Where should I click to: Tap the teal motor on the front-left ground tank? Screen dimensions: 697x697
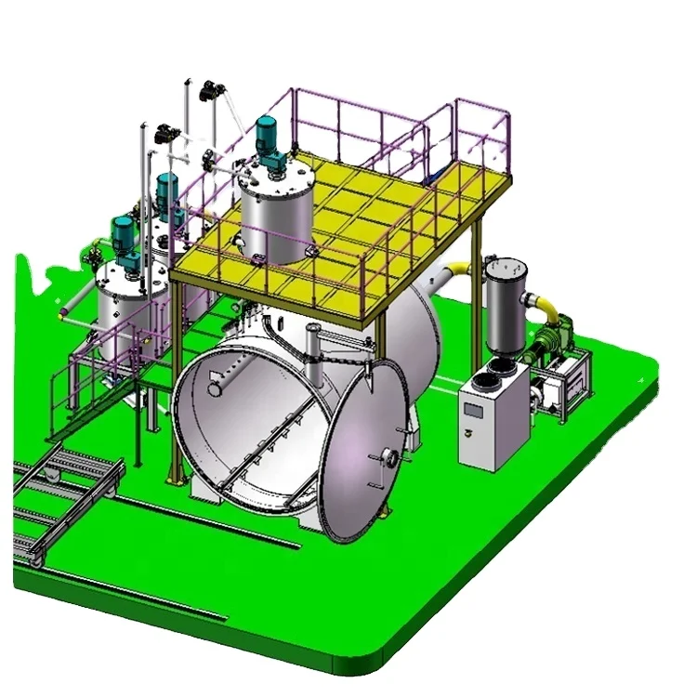pyautogui.click(x=124, y=235)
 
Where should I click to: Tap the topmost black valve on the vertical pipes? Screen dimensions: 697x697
pyautogui.click(x=212, y=90)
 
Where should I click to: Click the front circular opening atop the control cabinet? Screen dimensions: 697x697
pyautogui.click(x=485, y=378)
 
